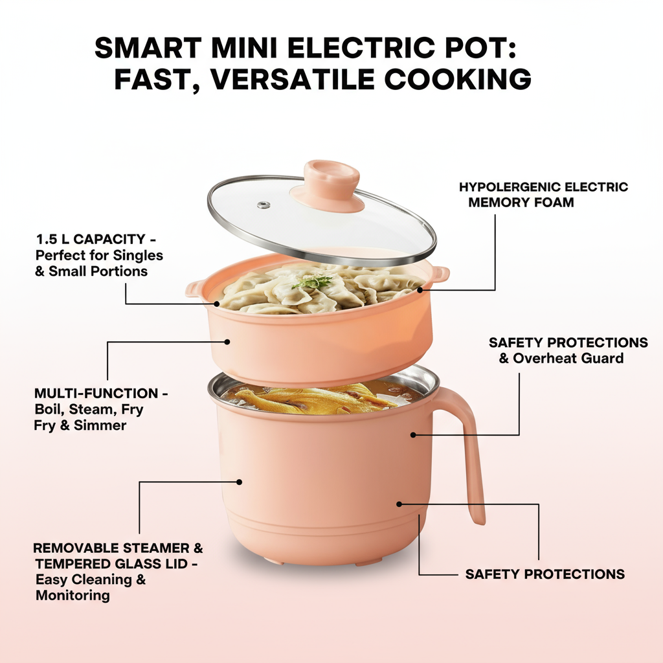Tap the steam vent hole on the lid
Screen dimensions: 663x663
[264, 205]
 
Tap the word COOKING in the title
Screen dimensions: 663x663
[458, 79]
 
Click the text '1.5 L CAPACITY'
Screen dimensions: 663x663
[91, 240]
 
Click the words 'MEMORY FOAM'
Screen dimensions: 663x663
[521, 202]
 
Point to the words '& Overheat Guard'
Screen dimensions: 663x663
[561, 358]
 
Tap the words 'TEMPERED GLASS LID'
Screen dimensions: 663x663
[111, 564]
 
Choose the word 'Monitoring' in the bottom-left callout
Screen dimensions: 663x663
[73, 596]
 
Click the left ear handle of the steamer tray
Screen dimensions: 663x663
[195, 289]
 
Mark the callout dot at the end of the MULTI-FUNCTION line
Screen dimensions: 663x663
[227, 342]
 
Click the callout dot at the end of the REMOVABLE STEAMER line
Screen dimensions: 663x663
[239, 482]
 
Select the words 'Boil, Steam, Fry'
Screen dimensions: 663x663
[89, 409]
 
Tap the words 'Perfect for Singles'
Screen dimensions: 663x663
[99, 255]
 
